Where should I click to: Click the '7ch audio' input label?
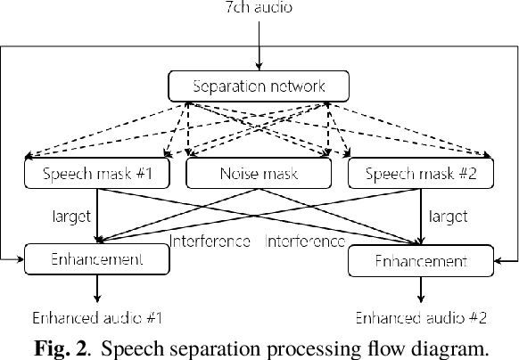click(x=259, y=8)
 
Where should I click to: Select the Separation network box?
click(x=259, y=86)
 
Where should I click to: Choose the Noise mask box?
click(x=259, y=173)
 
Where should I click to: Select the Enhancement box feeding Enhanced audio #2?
click(x=420, y=261)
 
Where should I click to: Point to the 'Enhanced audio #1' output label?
click(x=98, y=316)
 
